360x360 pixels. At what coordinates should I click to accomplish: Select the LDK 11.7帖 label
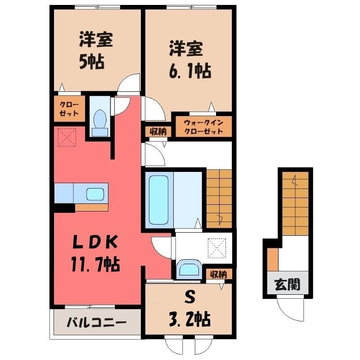[x=95, y=253]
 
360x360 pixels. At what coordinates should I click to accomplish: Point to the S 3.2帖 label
[x=190, y=309]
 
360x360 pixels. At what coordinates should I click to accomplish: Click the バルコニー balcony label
[x=96, y=323]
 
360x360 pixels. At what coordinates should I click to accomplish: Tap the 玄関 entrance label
[x=288, y=285]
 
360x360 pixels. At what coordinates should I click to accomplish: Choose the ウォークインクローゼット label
[x=203, y=127]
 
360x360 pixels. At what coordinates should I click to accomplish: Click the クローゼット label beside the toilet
[x=69, y=109]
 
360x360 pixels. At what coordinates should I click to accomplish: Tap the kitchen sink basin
[x=95, y=194]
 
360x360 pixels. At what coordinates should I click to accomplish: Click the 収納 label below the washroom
[x=218, y=274]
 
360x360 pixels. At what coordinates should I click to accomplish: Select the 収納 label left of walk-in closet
[x=158, y=132]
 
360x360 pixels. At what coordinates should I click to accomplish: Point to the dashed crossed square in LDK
[x=67, y=137]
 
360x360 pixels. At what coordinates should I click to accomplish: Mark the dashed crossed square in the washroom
[x=217, y=248]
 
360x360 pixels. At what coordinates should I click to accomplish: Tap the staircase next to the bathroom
[x=219, y=199]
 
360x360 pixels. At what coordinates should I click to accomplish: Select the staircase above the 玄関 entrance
[x=295, y=203]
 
